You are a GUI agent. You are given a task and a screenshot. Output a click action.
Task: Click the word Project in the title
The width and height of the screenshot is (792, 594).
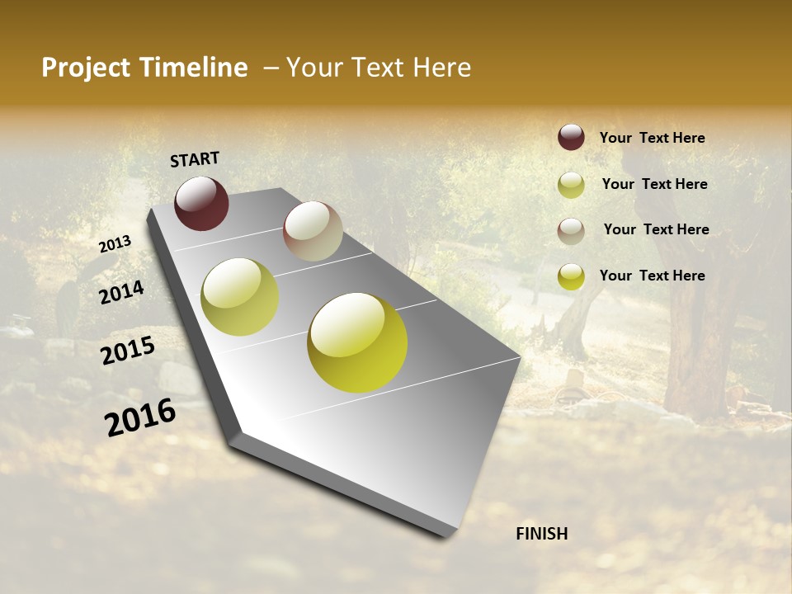[x=87, y=68]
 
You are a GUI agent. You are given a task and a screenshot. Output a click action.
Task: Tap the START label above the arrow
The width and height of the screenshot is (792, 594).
[x=195, y=159]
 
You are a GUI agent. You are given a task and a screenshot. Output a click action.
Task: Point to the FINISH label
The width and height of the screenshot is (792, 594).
[x=541, y=534]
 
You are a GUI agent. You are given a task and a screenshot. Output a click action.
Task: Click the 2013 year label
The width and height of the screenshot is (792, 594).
[x=115, y=243]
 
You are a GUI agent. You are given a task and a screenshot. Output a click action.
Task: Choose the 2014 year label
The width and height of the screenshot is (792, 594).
[x=122, y=292]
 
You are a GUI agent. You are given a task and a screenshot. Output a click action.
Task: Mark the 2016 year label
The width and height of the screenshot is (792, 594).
[x=140, y=417]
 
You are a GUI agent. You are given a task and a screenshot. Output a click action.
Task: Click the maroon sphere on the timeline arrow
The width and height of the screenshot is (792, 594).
[x=201, y=203]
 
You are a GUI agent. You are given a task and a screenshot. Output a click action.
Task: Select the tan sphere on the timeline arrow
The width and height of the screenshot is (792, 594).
[x=313, y=231]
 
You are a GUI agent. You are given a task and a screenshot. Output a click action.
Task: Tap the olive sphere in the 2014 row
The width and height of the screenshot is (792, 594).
[x=239, y=297]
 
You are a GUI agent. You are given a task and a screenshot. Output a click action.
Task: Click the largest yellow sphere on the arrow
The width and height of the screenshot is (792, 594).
[x=357, y=342]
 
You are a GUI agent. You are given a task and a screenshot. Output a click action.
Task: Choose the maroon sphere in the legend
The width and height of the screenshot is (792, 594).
[x=571, y=137]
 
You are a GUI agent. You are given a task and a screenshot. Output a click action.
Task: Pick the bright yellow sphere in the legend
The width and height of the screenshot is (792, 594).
[x=571, y=276]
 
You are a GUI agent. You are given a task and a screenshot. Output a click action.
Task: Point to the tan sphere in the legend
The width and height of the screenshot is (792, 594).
[x=571, y=231]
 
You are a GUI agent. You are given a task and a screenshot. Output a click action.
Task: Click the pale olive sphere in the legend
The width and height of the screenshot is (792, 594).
[x=571, y=185]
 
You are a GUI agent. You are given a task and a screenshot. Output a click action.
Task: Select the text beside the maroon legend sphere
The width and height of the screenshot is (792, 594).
[x=652, y=138]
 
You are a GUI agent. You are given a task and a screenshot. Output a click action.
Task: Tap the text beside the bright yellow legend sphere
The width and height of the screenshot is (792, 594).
[x=652, y=276]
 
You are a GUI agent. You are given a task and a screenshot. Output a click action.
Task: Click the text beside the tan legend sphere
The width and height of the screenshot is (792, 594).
[x=656, y=229]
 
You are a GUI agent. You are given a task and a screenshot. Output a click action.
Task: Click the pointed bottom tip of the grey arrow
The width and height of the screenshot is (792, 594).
[x=445, y=535]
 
